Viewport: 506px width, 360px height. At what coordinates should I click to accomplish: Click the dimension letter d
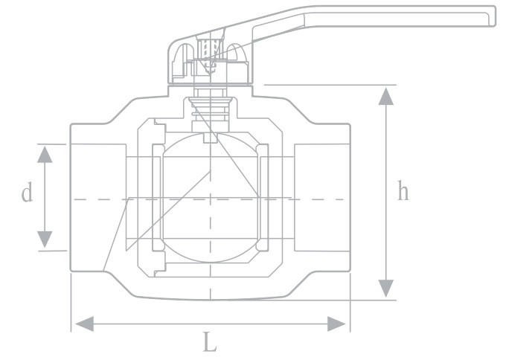click(x=27, y=192)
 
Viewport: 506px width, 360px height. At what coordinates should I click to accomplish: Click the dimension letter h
click(x=403, y=190)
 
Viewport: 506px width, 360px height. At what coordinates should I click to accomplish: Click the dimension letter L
click(x=210, y=342)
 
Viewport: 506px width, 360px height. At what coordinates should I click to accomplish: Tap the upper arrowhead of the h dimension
click(x=385, y=96)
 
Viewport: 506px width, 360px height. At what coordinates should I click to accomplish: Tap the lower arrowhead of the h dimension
click(x=385, y=289)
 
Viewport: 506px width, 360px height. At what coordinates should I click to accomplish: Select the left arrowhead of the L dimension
click(x=85, y=324)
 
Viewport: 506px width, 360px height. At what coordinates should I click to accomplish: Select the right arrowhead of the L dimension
click(x=336, y=324)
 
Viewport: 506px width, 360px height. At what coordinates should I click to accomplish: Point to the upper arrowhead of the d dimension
click(x=45, y=154)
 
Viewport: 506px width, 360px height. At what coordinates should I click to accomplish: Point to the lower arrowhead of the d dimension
click(x=45, y=240)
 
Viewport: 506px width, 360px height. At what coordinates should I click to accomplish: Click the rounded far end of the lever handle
click(x=490, y=16)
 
